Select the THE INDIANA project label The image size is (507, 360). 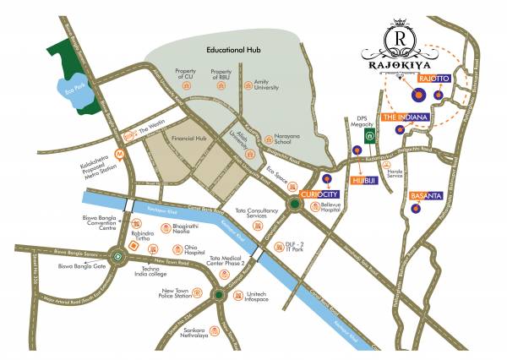406,117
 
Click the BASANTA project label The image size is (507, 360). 427,196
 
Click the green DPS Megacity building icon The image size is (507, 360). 369,135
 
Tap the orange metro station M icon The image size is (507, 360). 121,154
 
